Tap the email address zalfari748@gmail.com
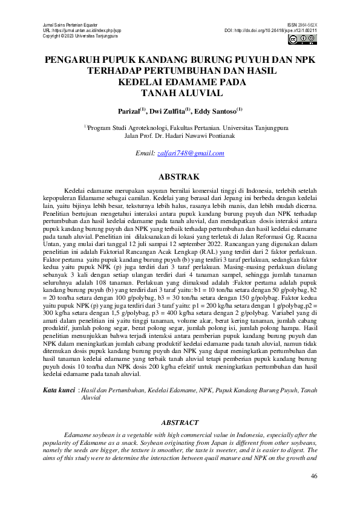coord(191,154)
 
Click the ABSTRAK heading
coord(179,177)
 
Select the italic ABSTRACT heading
coord(180,423)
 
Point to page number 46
coord(313,476)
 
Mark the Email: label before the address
coord(145,154)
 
